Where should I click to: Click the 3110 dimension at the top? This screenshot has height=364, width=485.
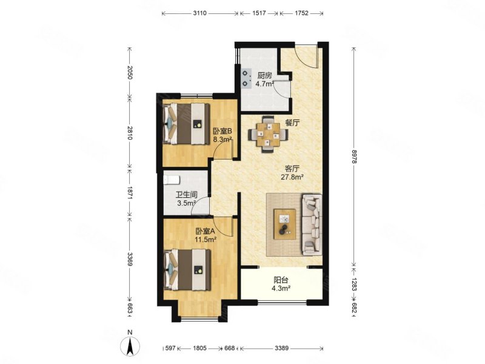pyautogui.click(x=200, y=13)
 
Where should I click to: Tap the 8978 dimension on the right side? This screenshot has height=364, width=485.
pyautogui.click(x=355, y=157)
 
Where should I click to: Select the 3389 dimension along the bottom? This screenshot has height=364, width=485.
pyautogui.click(x=281, y=348)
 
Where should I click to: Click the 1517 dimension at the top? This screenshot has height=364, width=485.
pyautogui.click(x=259, y=13)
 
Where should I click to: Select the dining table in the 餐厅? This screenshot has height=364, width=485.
pyautogui.click(x=268, y=134)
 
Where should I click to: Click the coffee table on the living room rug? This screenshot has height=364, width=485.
pyautogui.click(x=284, y=224)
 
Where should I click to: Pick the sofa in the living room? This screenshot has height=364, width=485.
pyautogui.click(x=312, y=224)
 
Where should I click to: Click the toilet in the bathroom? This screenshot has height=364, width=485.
pyautogui.click(x=171, y=180)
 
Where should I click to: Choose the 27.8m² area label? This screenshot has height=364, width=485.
pyautogui.click(x=292, y=177)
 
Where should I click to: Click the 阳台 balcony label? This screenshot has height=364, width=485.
pyautogui.click(x=281, y=280)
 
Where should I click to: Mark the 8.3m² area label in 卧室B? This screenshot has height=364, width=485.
pyautogui.click(x=222, y=140)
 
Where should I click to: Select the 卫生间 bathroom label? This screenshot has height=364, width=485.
pyautogui.click(x=187, y=195)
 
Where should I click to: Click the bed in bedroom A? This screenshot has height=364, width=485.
pyautogui.click(x=187, y=270)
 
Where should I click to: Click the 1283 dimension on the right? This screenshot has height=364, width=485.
pyautogui.click(x=355, y=283)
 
